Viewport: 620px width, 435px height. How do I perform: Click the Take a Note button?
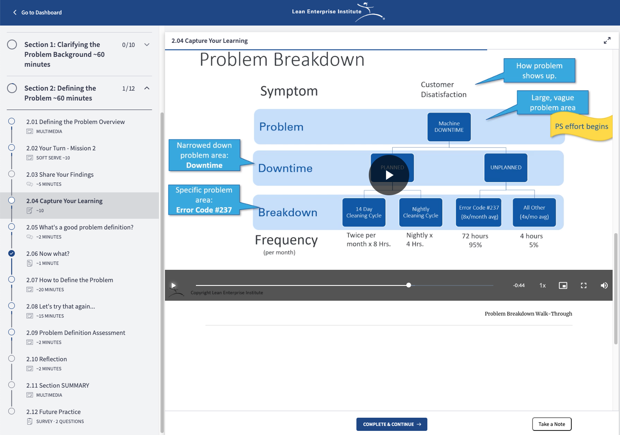(552, 424)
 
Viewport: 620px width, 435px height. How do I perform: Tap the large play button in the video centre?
(389, 175)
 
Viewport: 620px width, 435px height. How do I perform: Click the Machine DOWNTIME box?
(449, 127)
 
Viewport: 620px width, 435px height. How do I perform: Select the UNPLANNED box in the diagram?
(506, 168)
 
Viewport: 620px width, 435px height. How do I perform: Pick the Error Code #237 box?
(479, 212)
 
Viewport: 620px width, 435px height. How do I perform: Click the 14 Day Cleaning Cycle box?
(364, 212)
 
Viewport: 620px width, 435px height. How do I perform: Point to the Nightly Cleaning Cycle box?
(420, 212)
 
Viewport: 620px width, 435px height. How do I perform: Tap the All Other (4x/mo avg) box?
(534, 212)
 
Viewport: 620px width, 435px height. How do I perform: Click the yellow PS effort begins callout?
(581, 127)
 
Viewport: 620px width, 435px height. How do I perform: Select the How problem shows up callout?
(539, 70)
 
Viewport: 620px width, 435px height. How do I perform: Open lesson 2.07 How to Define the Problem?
(70, 280)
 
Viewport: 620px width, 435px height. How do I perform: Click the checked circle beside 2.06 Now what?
(12, 253)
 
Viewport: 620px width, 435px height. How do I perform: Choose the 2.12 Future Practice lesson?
(54, 412)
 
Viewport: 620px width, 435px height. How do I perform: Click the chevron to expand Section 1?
(147, 44)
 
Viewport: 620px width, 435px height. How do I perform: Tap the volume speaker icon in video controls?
(604, 285)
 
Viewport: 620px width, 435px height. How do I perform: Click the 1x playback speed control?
(542, 285)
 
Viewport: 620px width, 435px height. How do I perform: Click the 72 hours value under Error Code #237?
(475, 236)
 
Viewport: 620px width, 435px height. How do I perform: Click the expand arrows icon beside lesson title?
(607, 40)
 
